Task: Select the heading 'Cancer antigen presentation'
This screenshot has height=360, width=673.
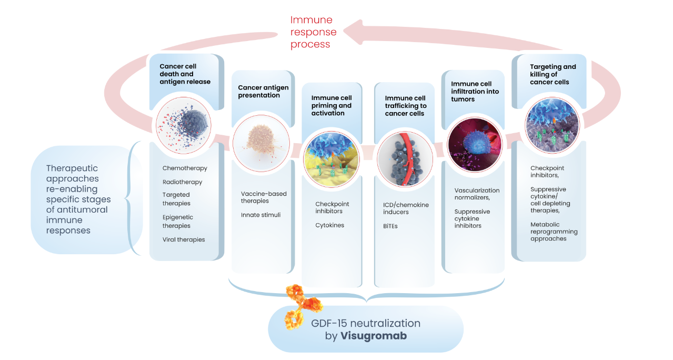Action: click(263, 92)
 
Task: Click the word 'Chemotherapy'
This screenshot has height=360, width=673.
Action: click(185, 168)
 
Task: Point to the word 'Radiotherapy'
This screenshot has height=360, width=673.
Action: click(182, 182)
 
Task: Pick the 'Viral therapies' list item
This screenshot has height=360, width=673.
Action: click(184, 239)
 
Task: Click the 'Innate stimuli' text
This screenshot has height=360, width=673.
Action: click(261, 215)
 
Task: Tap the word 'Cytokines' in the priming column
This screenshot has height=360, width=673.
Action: click(330, 225)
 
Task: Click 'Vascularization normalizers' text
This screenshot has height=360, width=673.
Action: click(477, 194)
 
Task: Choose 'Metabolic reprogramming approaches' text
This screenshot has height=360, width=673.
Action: click(554, 232)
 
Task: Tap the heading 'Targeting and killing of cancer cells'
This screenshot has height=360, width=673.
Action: click(553, 74)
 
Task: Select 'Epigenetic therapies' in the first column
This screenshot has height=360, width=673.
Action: click(178, 222)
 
